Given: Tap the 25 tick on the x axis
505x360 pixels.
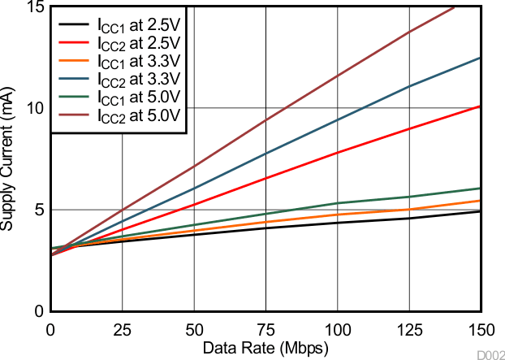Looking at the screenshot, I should tap(122, 329).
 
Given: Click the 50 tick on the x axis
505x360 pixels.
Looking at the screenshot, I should tap(193, 329).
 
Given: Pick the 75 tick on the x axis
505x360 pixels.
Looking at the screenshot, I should tap(265, 329).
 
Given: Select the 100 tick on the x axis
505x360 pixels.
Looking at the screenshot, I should tap(337, 329).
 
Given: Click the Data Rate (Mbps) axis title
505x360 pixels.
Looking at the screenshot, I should tap(265, 348).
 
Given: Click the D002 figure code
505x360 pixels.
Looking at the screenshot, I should tap(490, 354).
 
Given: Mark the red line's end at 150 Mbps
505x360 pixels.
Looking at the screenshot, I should tap(481, 106).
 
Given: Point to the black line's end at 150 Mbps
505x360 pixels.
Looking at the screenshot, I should tap(481, 211).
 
